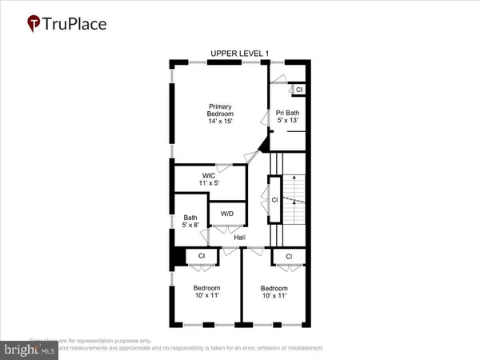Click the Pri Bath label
tap(288, 113)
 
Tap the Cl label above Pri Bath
tap(299, 90)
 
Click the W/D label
tap(226, 214)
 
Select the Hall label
tap(239, 238)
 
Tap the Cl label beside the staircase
tap(274, 199)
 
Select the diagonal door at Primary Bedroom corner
tap(259, 146)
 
